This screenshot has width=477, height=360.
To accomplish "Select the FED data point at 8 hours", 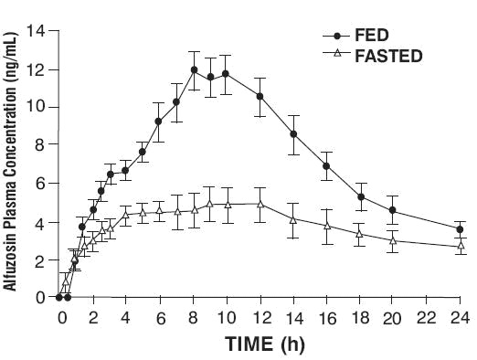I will point(195,70).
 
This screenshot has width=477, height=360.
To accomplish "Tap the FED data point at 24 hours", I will point(460,229).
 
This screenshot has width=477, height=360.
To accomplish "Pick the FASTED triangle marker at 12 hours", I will point(260,204).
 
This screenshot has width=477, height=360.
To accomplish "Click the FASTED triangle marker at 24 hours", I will point(460,246).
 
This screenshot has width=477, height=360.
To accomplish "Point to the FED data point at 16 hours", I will point(326,166).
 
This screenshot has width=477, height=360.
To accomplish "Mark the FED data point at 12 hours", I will point(260,96).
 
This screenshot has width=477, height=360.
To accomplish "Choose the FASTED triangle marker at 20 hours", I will point(393,241).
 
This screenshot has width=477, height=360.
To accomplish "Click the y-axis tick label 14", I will point(36,32).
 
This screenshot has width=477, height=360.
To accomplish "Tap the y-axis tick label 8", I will point(39,145).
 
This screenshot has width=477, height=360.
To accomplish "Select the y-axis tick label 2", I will point(39,259).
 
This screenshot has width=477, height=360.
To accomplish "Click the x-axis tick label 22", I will point(426,318).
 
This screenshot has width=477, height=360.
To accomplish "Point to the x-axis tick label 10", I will point(228,318).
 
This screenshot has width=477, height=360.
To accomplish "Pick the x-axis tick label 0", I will point(62,318).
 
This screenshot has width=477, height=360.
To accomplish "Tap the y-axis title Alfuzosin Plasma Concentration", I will point(13,164).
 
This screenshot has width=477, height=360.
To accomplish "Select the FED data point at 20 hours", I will point(393,211).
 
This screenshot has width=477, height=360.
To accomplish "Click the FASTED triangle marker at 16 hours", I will point(326,225).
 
